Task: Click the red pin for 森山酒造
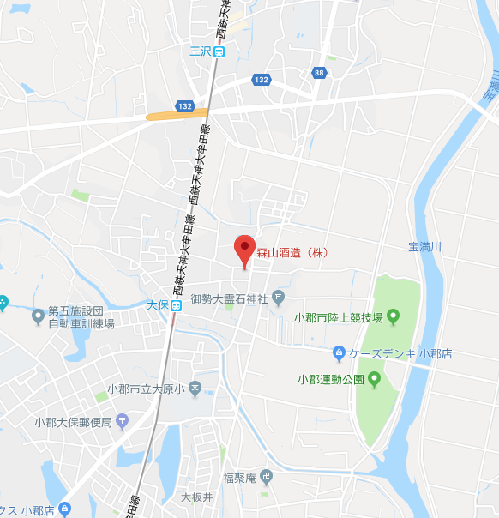click(x=244, y=250)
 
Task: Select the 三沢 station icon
click(x=220, y=51)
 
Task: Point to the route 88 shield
click(x=319, y=73)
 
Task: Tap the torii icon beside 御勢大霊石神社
click(x=278, y=298)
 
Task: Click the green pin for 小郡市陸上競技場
click(x=394, y=317)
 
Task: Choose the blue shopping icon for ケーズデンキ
click(x=339, y=352)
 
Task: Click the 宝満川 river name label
click(x=424, y=247)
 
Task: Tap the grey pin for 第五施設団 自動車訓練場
click(x=38, y=316)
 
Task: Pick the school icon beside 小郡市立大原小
click(x=195, y=389)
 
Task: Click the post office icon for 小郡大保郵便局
click(x=122, y=421)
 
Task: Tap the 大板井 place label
click(x=196, y=497)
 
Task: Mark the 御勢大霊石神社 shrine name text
click(x=229, y=298)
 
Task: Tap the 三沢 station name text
click(x=201, y=51)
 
